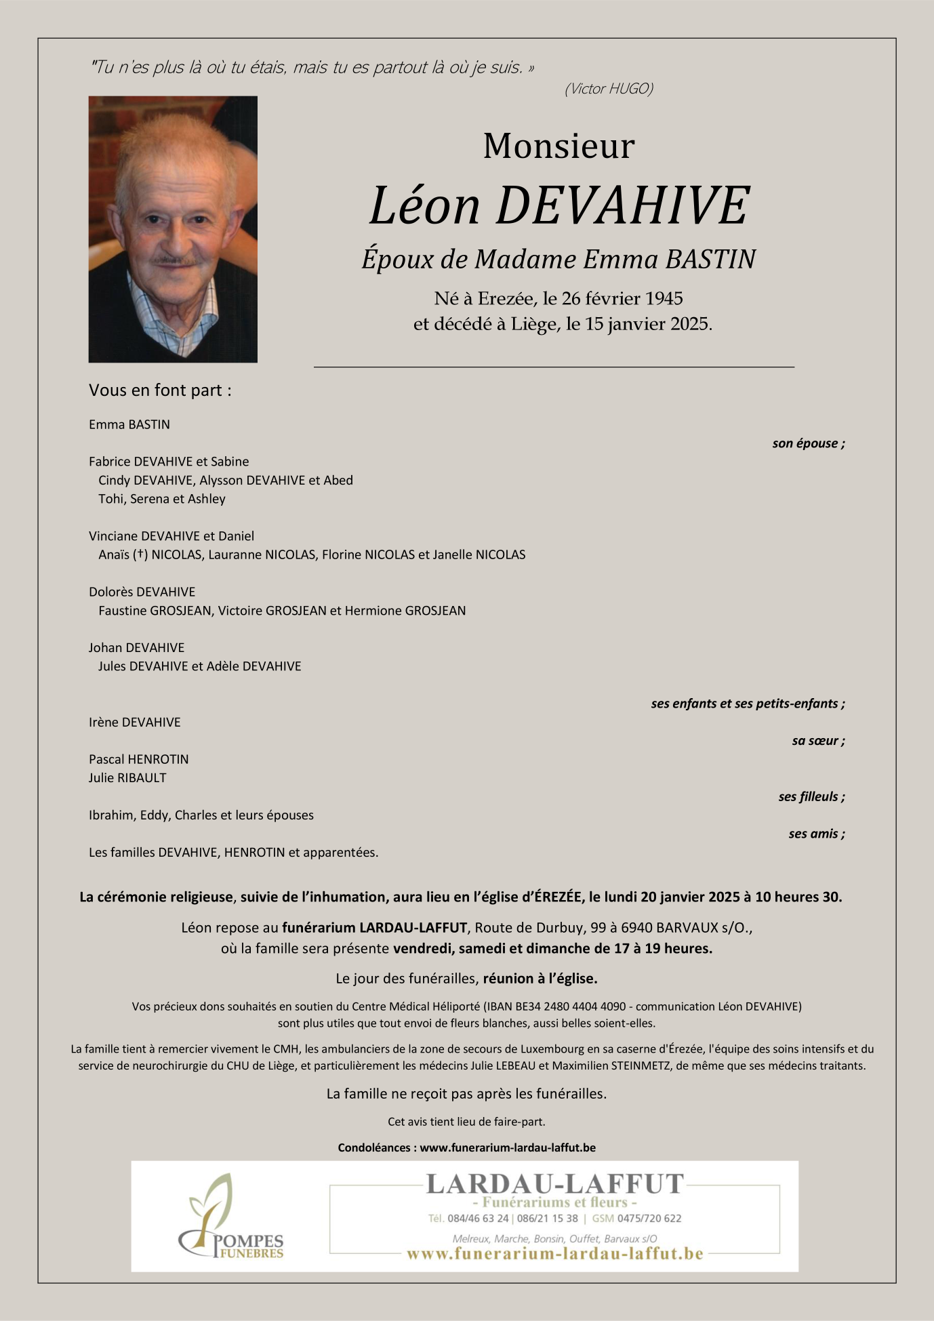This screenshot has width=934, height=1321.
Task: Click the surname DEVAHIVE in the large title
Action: [x=622, y=205]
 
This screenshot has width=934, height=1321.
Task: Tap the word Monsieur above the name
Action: [x=559, y=146]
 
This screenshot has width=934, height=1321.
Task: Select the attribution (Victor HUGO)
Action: [x=609, y=89]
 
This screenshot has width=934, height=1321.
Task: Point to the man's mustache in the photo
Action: [x=175, y=260]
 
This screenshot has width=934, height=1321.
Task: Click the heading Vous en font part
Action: [x=160, y=390]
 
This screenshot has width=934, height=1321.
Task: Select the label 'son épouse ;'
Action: [x=808, y=443]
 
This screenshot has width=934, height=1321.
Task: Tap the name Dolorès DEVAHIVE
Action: [x=142, y=592]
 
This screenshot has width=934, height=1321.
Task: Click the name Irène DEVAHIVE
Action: [x=134, y=723]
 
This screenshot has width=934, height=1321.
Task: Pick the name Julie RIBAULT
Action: [x=127, y=778]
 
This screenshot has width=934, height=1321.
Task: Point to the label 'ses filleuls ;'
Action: [x=811, y=797]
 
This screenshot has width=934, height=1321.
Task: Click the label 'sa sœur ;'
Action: [x=817, y=741]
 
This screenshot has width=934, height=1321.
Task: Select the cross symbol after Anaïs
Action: [x=140, y=554]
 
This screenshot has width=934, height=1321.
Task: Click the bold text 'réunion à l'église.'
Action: [x=540, y=979]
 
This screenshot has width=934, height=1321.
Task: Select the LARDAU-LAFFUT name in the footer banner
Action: [x=554, y=1183]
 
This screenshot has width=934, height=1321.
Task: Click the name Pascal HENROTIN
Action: [x=138, y=760]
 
